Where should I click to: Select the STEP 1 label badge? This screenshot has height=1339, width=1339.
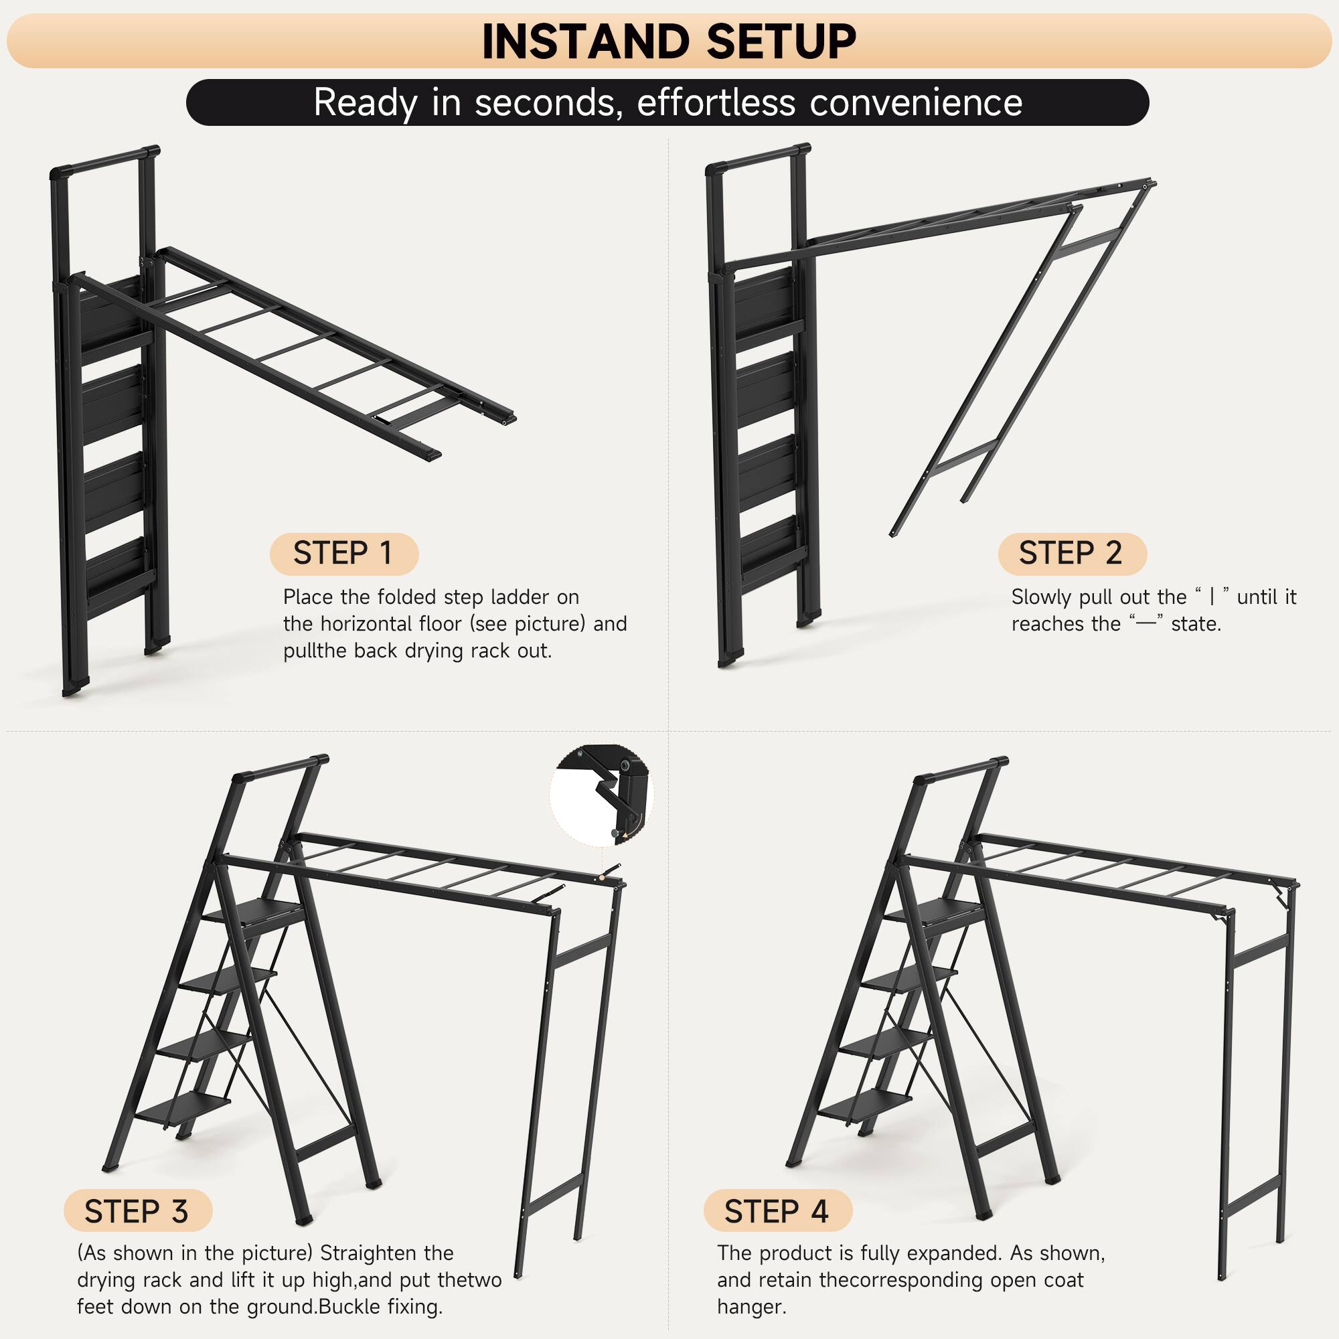point(343,554)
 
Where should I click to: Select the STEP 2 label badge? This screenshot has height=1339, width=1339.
point(1071,554)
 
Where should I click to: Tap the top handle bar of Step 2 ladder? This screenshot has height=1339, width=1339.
point(759,158)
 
